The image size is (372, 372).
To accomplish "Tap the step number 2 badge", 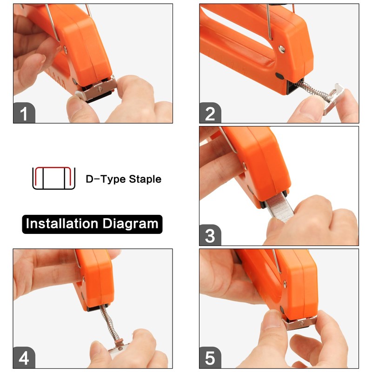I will click(x=210, y=113).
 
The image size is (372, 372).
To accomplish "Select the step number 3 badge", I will click(x=210, y=235).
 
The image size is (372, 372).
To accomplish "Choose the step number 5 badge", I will click(x=210, y=359).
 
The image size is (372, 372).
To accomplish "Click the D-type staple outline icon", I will click(x=53, y=178).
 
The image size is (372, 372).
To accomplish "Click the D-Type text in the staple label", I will click(x=102, y=179).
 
